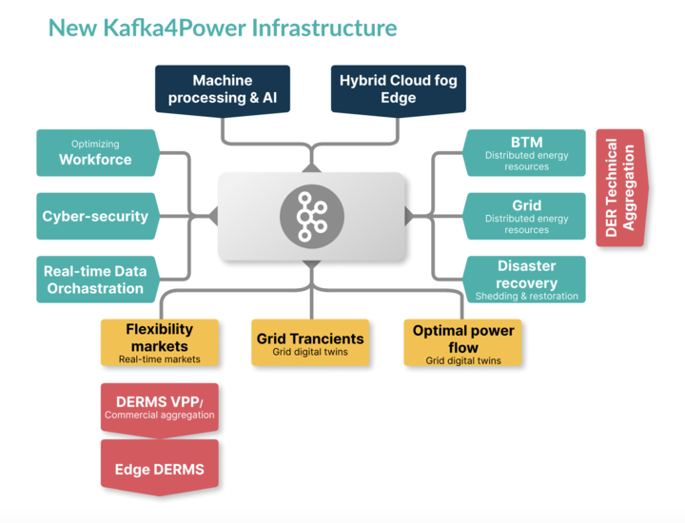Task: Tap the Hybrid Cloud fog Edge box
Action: point(398,89)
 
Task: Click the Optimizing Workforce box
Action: point(95,153)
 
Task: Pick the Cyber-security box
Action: point(95,216)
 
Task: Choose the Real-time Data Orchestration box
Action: point(95,280)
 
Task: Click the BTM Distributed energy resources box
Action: point(526,153)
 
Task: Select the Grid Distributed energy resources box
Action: point(526,216)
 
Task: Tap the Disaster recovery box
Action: point(526,280)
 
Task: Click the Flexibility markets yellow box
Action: point(160,342)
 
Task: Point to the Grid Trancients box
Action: point(310,343)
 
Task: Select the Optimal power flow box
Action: point(463,343)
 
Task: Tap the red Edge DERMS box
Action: point(160,469)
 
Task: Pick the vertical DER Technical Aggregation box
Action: point(620,187)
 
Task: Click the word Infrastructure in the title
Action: point(323,28)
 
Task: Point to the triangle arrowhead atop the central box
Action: point(311,167)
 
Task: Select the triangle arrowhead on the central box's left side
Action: point(213,216)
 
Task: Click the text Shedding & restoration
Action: point(526,296)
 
